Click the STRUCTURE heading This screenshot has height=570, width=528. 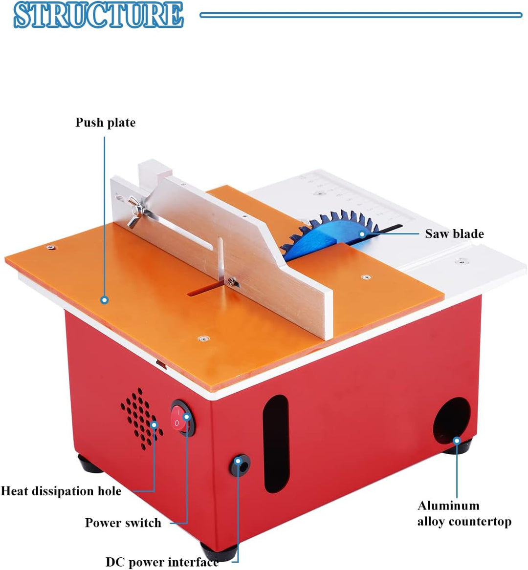pyautogui.click(x=98, y=15)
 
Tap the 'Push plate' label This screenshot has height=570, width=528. pyautogui.click(x=105, y=122)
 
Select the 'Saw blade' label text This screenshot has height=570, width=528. pyautogui.click(x=454, y=234)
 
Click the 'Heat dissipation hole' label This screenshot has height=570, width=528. pyautogui.click(x=61, y=491)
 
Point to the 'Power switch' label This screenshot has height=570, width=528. pyautogui.click(x=123, y=523)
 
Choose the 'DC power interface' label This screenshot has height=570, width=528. pyautogui.click(x=162, y=562)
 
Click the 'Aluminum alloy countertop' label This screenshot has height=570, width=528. pyautogui.click(x=464, y=513)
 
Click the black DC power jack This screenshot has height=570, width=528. pyautogui.click(x=240, y=465)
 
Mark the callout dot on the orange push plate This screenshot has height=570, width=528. pyautogui.click(x=104, y=300)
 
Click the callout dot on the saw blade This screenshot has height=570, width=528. pyautogui.click(x=362, y=234)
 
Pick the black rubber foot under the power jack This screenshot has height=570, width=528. pyautogui.click(x=219, y=551)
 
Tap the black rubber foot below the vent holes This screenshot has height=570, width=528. pyautogui.click(x=90, y=464)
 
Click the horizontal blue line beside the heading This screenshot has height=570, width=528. pyautogui.click(x=361, y=15)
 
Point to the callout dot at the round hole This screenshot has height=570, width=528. pyautogui.click(x=457, y=441)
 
